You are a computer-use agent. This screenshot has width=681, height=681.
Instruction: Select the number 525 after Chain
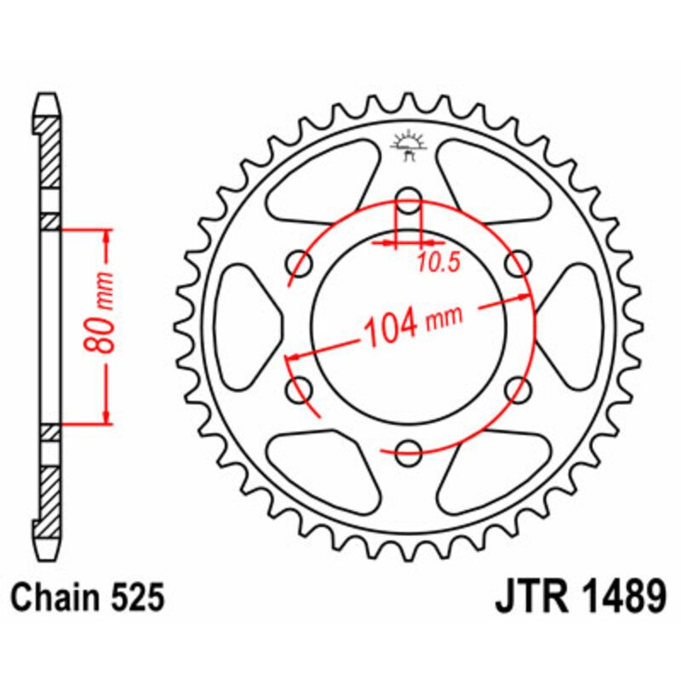[137, 598]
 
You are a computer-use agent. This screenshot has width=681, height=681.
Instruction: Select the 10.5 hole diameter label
[438, 263]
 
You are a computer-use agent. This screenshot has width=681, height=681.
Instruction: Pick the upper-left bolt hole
[300, 260]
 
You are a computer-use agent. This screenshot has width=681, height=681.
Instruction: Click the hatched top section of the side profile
[50, 153]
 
